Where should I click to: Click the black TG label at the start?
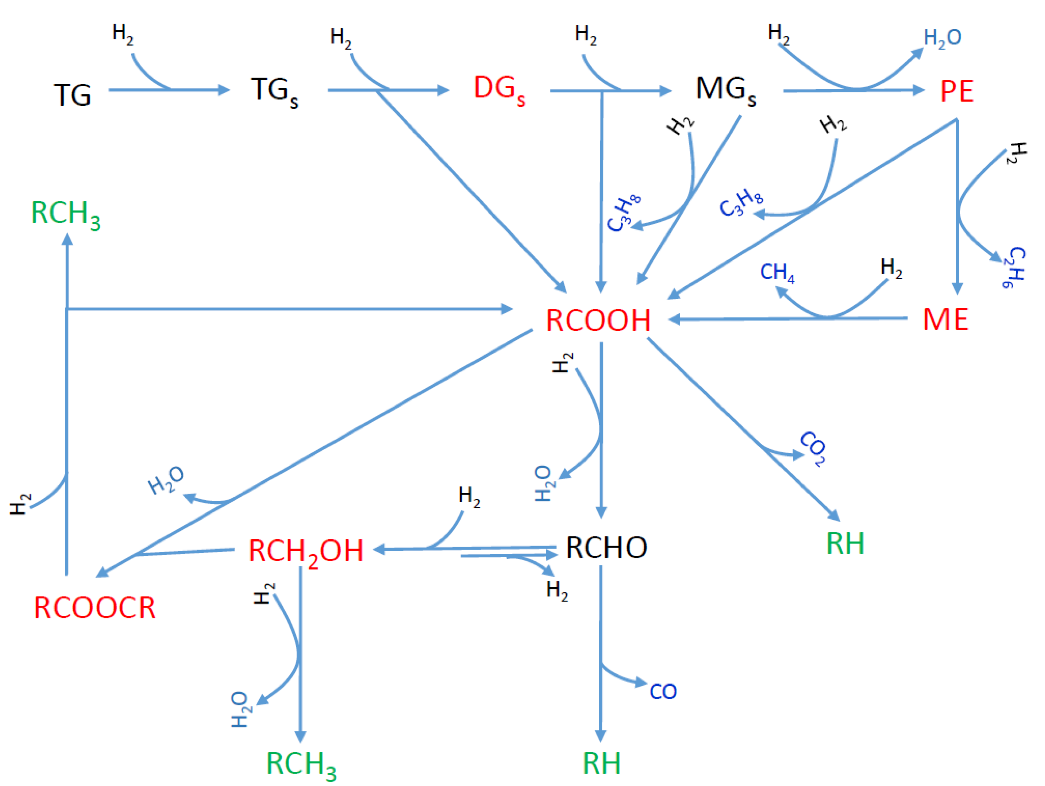coord(72,95)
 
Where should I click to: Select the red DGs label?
coord(499,90)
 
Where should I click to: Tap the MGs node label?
coord(725,90)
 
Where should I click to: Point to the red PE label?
coord(957,91)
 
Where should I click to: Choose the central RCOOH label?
coord(598,320)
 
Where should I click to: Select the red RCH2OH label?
coord(306,552)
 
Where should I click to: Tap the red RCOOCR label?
coord(95,608)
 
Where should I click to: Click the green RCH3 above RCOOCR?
coord(66,214)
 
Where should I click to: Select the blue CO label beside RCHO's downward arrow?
coord(663,691)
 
